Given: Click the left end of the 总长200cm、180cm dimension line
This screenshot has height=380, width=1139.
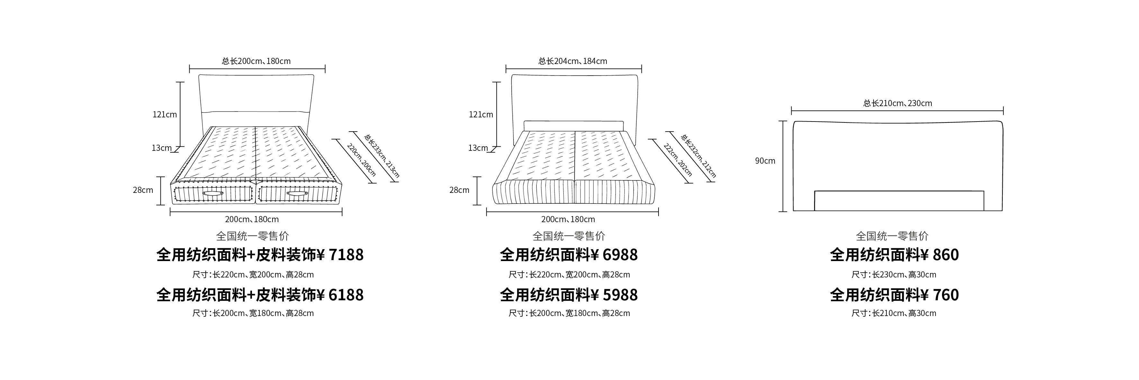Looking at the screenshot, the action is coord(190,68).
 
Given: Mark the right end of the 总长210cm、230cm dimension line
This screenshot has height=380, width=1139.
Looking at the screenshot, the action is coord(1003,111).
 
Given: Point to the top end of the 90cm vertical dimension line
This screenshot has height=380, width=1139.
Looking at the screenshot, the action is coord(783,121).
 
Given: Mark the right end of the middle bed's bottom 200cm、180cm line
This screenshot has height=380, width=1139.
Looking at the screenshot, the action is coord(659,212).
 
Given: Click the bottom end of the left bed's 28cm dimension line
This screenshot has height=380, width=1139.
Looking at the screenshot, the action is coord(162,205).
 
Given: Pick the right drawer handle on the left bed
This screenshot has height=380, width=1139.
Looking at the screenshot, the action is coord(296,194).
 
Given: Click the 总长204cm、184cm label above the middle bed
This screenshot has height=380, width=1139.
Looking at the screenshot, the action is coord(573,61).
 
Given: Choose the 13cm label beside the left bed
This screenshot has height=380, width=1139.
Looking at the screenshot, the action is coord(161,148).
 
